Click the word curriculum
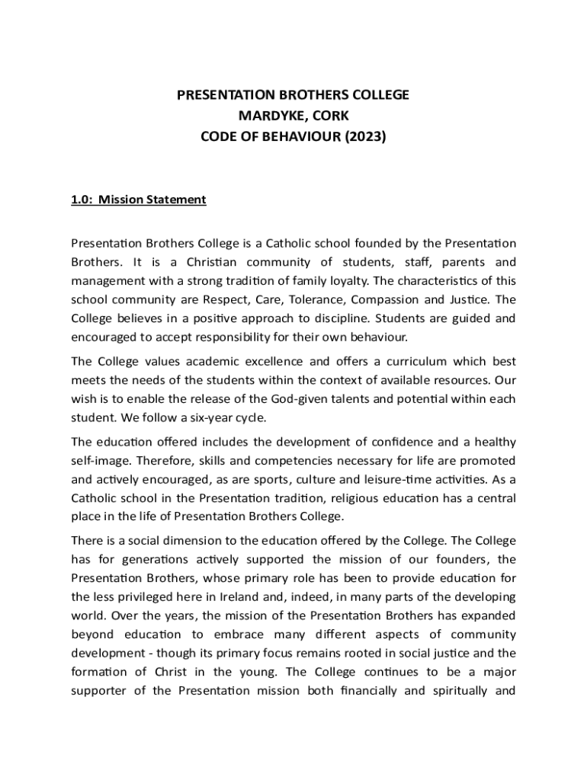pos(384,361)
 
